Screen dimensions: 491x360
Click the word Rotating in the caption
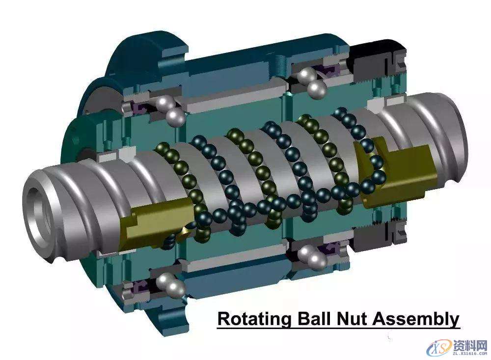pos(254,319)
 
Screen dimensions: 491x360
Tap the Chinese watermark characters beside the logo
pos(470,346)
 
